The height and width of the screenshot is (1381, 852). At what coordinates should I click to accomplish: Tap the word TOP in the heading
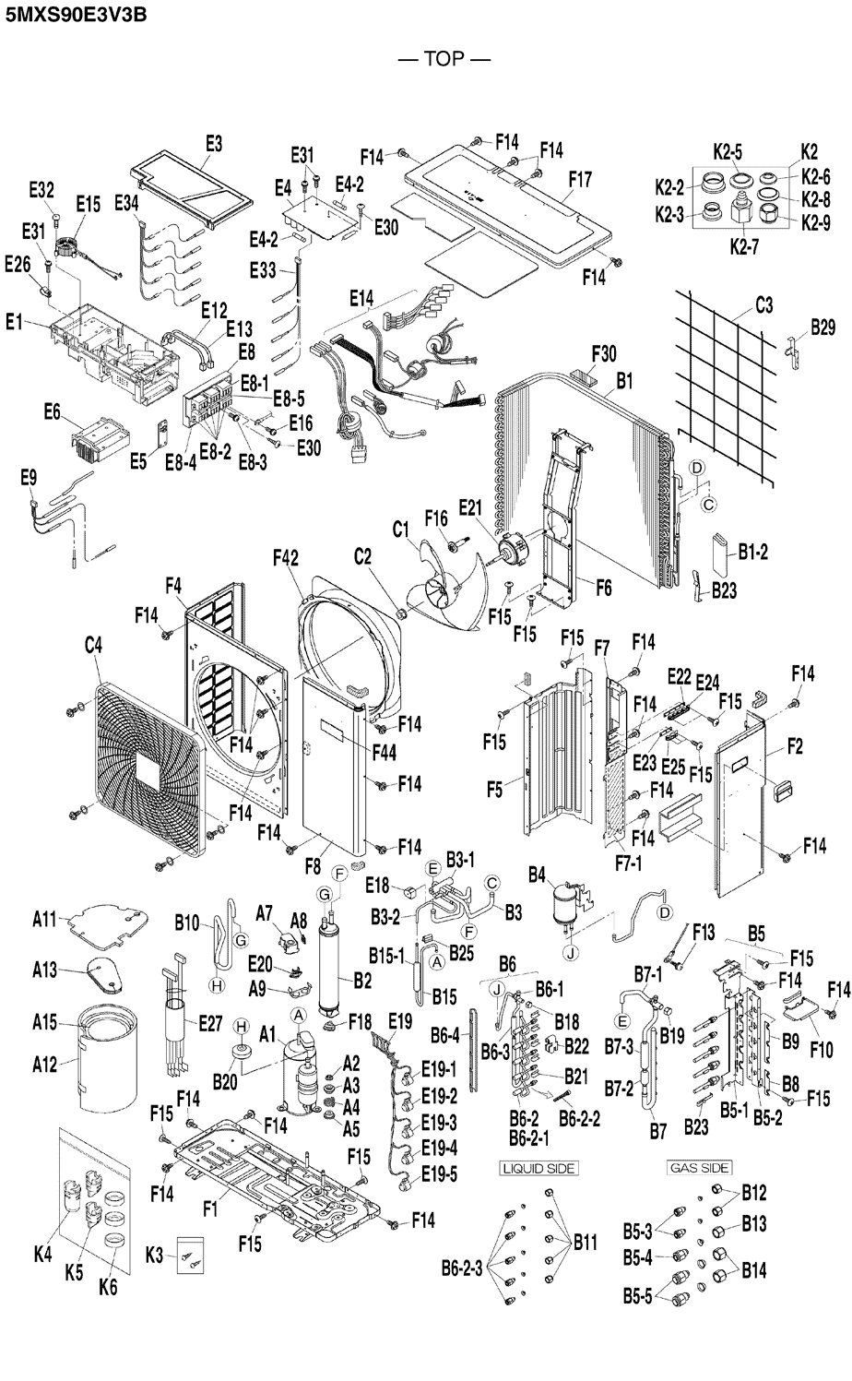pos(444,60)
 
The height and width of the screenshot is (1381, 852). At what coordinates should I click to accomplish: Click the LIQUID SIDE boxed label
pos(539,1168)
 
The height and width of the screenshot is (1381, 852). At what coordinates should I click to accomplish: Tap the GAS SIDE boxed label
pos(700,1168)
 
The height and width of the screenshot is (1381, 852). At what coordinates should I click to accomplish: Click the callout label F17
pos(580,179)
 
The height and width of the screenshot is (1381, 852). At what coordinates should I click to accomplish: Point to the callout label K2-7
pos(742,246)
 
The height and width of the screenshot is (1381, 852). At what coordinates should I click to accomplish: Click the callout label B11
pos(586,1243)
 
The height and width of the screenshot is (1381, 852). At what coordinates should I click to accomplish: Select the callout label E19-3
pos(438,1123)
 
